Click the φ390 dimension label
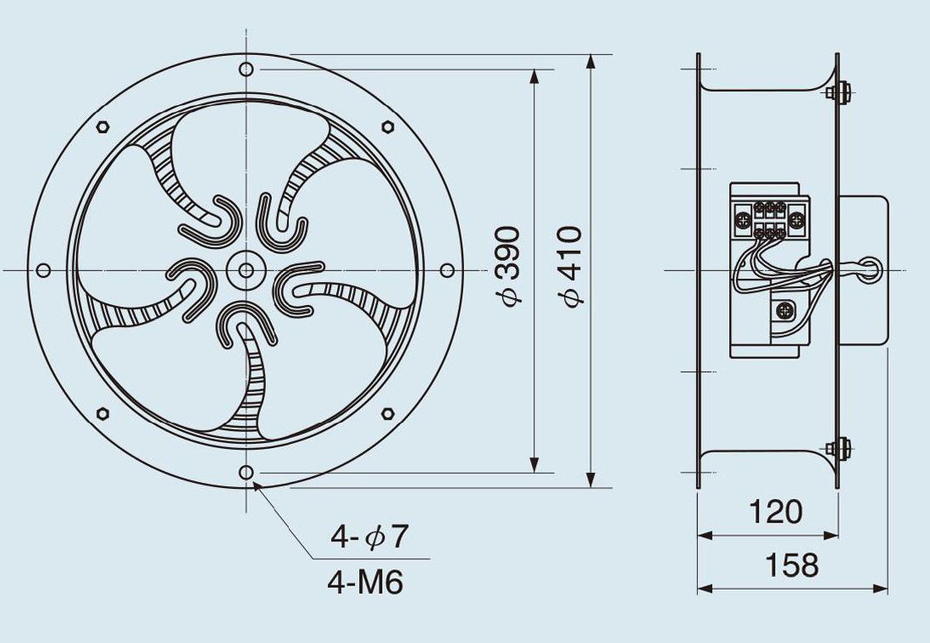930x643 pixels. [510, 266]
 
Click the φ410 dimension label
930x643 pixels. [572, 266]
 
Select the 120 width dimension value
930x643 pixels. [776, 512]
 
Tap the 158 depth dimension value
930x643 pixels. [792, 565]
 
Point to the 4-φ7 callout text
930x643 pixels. [369, 537]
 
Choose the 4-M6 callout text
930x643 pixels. [365, 582]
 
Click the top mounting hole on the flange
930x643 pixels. [246, 69]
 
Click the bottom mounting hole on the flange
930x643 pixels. [246, 472]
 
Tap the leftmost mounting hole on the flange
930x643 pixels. [43, 270]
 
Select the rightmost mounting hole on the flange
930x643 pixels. [447, 270]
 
